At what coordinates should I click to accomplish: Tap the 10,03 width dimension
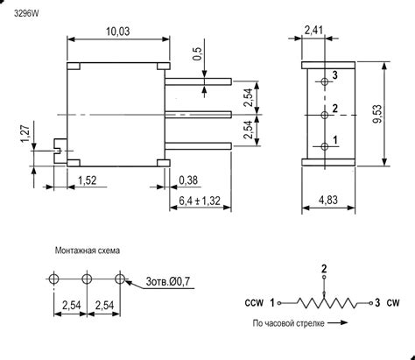pyautogui.click(x=120, y=32)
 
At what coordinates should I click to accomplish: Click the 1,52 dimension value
pyautogui.click(x=87, y=180)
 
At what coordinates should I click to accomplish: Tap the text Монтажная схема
pyautogui.click(x=84, y=250)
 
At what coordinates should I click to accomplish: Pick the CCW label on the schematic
pyautogui.click(x=254, y=303)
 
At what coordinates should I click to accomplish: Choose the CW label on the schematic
pyautogui.click(x=394, y=303)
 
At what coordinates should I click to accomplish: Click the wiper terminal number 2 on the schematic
pyautogui.click(x=324, y=267)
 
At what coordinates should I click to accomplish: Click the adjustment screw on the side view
pyautogui.click(x=58, y=149)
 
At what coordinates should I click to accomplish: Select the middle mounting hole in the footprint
pyautogui.click(x=87, y=278)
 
